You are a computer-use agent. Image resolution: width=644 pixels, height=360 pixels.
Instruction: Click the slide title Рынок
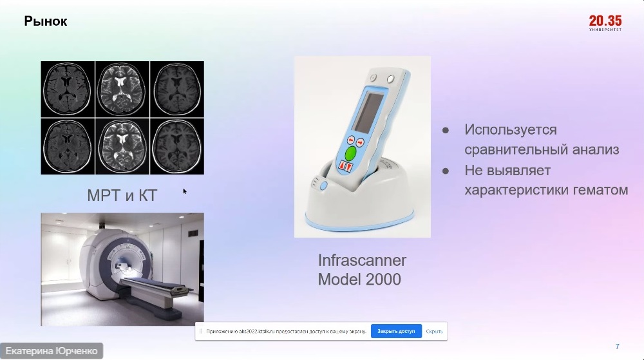click(45, 21)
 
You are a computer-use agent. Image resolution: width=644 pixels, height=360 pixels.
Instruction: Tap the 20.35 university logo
click(605, 23)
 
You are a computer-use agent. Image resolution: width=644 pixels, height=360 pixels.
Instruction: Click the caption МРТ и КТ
click(122, 195)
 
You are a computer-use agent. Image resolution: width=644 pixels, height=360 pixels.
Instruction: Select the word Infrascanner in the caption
click(362, 260)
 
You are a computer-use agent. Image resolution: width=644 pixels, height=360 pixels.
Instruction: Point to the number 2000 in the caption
click(383, 279)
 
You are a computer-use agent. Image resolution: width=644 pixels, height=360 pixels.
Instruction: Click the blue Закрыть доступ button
click(396, 331)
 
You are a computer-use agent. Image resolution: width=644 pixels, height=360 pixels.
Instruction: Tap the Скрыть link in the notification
click(434, 331)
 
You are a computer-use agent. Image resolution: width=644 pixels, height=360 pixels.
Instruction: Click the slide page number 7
click(617, 346)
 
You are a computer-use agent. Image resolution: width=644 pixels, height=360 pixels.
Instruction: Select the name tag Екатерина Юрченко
click(52, 352)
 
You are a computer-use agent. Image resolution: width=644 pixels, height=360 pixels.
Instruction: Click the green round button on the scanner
click(350, 153)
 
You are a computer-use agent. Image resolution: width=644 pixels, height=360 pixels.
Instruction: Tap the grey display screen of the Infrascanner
click(368, 111)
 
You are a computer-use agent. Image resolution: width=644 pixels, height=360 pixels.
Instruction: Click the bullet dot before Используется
click(446, 131)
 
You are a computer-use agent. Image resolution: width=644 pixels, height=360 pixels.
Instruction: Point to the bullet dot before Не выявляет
click(446, 171)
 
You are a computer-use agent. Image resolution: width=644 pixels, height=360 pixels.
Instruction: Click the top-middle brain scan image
click(122, 90)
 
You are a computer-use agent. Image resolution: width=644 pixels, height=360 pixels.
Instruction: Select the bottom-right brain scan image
click(177, 147)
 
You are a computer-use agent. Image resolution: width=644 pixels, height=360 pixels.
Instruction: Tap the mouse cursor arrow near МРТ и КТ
click(185, 191)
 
